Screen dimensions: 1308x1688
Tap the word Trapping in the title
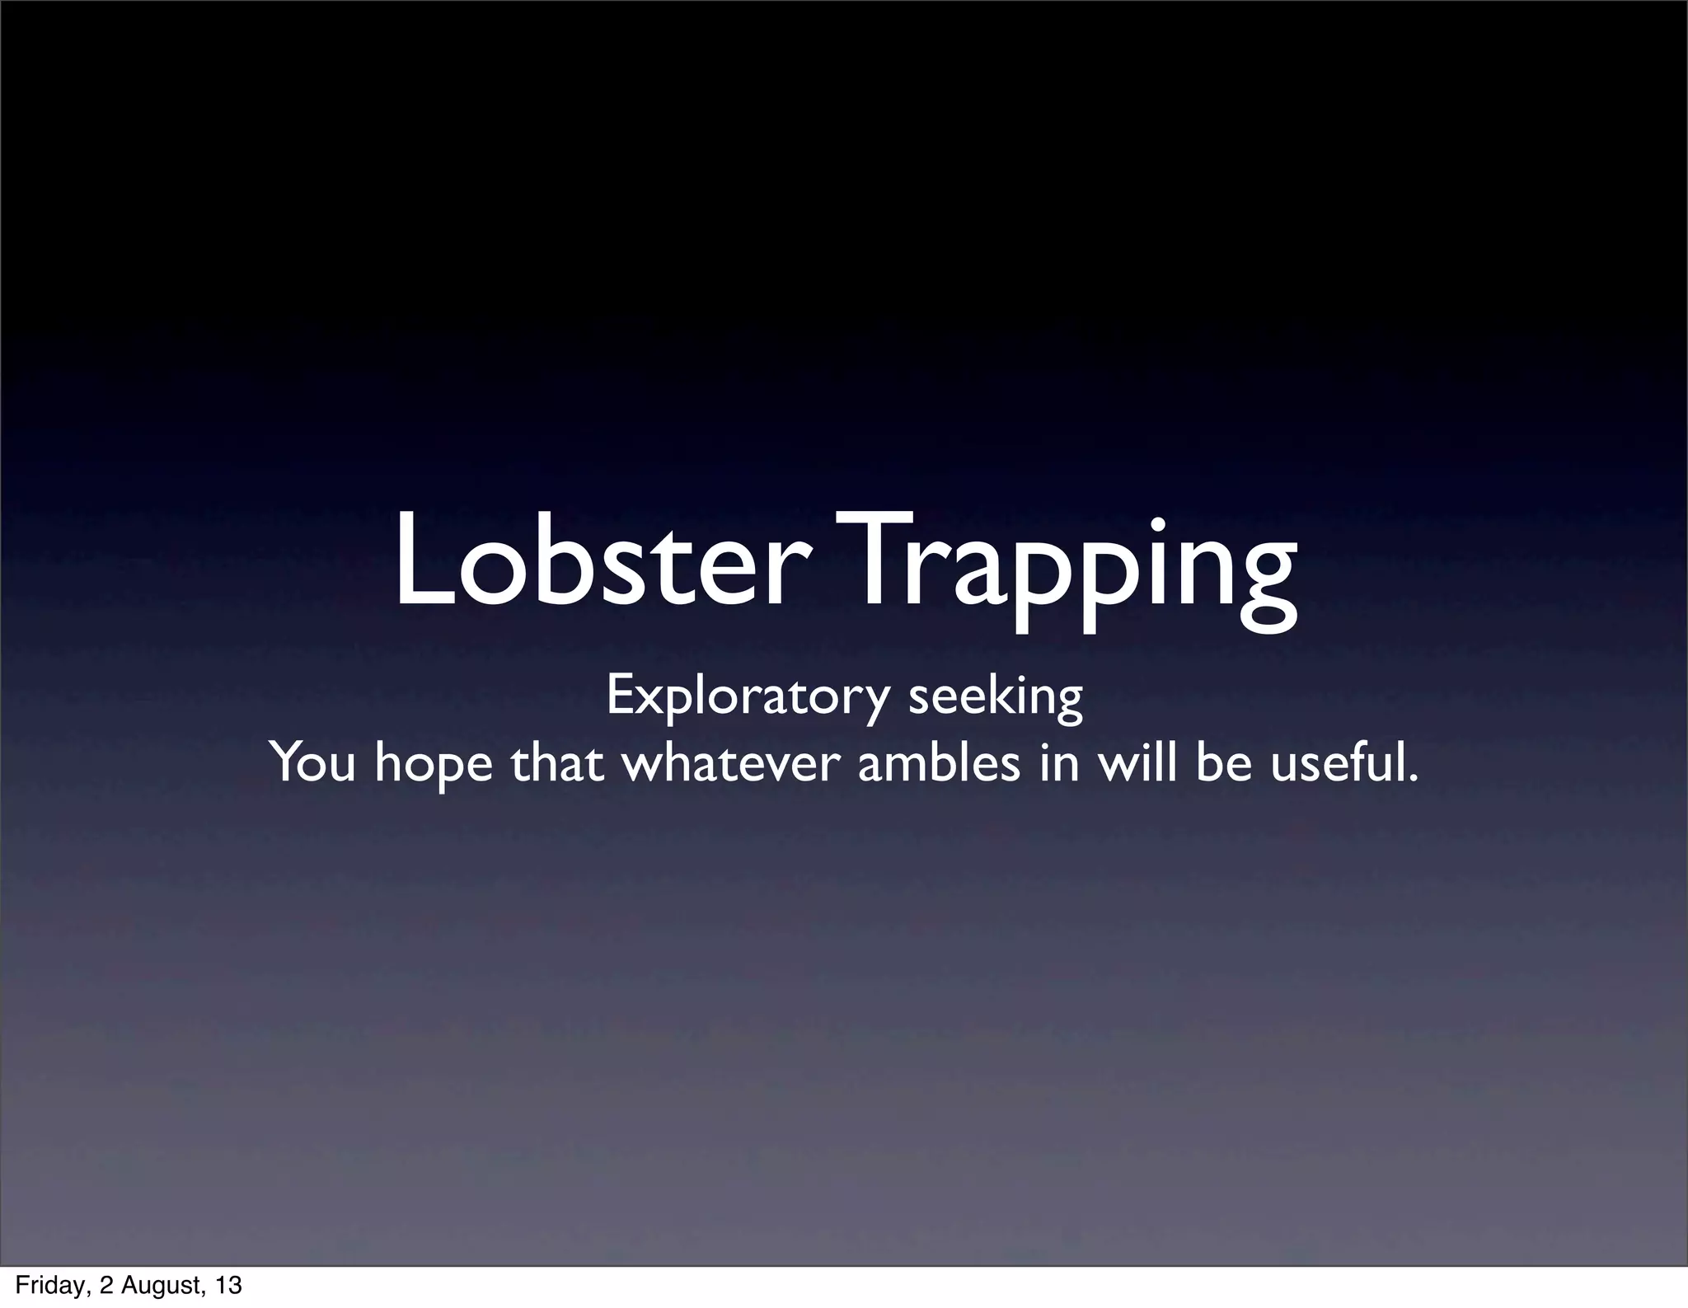pyautogui.click(x=1063, y=569)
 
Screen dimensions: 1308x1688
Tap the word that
pyautogui.click(x=557, y=762)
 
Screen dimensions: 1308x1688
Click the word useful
pyautogui.click(x=1339, y=762)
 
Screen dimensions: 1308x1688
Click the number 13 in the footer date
pyautogui.click(x=229, y=1285)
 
